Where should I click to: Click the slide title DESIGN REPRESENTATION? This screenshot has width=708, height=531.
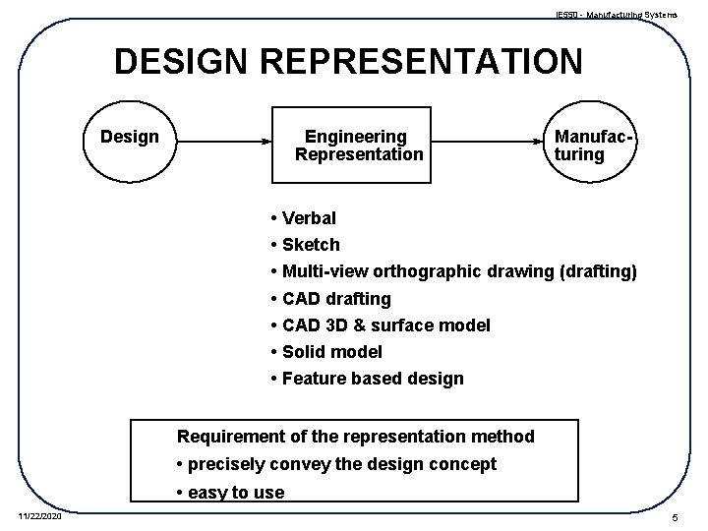point(348,61)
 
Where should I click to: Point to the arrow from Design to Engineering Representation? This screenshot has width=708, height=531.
point(222,141)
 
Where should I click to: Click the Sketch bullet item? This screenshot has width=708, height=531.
point(310,244)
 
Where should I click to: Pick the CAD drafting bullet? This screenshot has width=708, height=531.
point(335,298)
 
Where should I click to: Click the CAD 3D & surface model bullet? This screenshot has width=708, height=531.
point(385,324)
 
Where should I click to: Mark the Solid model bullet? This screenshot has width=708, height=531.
point(331,351)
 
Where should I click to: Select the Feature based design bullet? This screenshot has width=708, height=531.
point(372,378)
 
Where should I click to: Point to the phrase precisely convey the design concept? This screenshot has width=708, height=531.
point(342,463)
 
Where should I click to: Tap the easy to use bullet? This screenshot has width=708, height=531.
point(234,492)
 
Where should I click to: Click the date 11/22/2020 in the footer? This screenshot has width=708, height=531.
point(39,515)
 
